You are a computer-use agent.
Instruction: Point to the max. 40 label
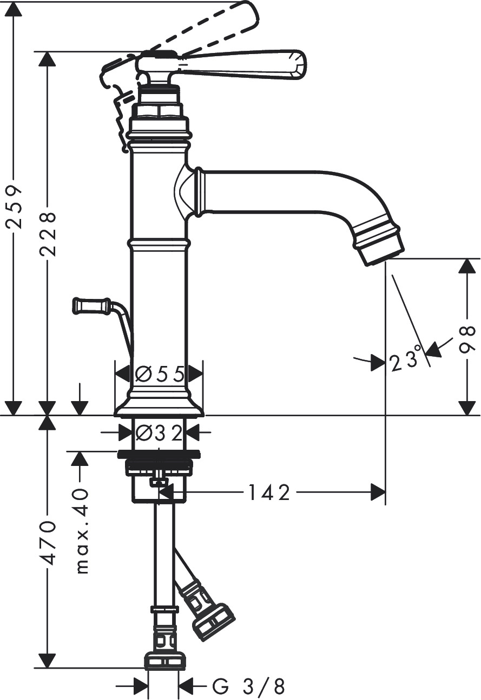click(81, 530)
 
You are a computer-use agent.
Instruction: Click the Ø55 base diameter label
click(160, 374)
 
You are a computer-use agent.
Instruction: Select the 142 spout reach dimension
click(269, 492)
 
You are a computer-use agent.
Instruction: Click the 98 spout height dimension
click(467, 339)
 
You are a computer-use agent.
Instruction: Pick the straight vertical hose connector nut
click(164, 661)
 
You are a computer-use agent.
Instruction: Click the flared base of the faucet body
click(159, 407)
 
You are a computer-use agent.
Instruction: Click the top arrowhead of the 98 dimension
click(466, 266)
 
